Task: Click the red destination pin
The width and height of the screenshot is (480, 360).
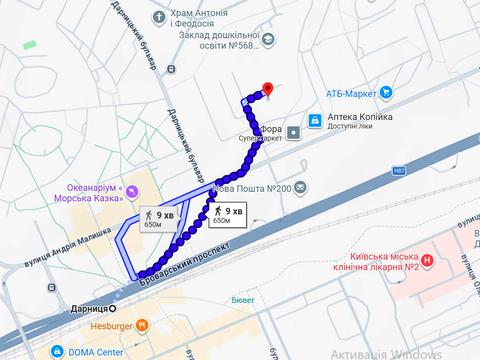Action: [x=265, y=88]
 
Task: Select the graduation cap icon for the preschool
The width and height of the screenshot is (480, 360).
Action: [x=268, y=40]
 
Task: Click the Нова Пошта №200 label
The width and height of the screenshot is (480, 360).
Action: [x=254, y=189]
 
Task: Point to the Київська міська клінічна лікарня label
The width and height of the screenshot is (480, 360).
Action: [x=373, y=262]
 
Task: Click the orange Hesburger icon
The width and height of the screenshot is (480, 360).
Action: [x=142, y=325]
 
